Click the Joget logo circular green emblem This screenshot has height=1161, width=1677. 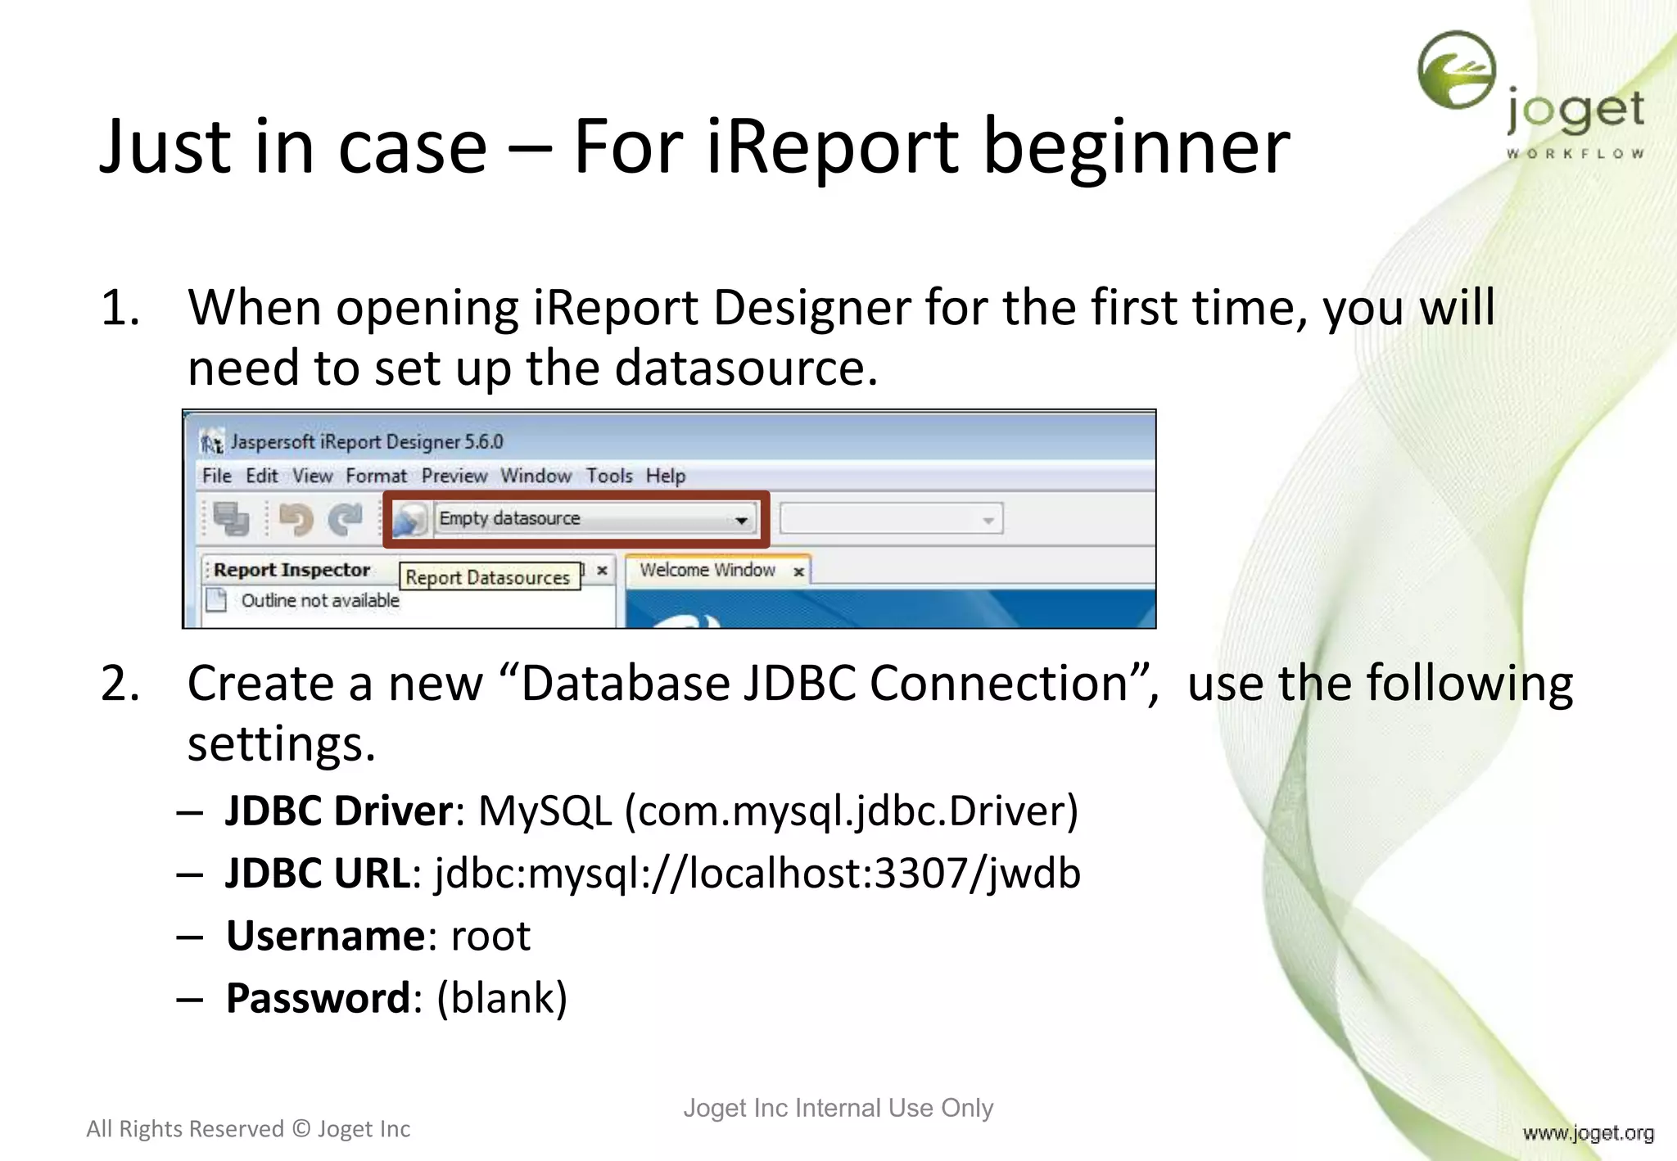[1456, 70]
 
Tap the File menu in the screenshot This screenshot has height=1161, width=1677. [217, 476]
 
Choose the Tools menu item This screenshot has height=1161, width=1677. [609, 476]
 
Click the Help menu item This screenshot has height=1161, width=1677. [665, 476]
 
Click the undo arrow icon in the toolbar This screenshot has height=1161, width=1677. [296, 518]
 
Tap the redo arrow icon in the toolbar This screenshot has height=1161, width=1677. [346, 518]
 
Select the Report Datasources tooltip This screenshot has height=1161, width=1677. [488, 577]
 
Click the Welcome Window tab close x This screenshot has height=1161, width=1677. [798, 571]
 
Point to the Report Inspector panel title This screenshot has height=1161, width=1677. [292, 570]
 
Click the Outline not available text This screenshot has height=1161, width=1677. [320, 600]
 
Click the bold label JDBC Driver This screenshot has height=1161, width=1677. [339, 811]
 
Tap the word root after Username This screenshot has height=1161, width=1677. [490, 936]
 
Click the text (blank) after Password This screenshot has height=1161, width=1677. [501, 998]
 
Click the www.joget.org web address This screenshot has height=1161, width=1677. [1588, 1132]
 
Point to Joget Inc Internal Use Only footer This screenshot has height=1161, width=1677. [838, 1108]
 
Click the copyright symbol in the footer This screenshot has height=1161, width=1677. [301, 1129]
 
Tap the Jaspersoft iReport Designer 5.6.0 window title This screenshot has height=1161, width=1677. [367, 442]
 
